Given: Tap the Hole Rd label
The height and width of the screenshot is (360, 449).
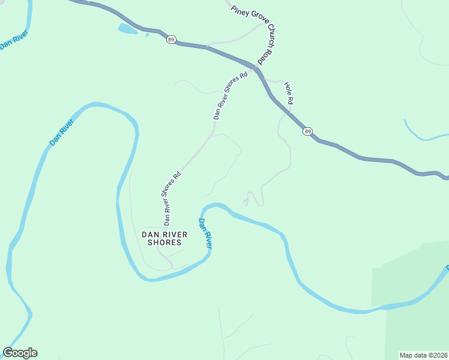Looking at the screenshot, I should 288,94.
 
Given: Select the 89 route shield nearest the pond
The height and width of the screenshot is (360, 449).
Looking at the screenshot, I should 172,40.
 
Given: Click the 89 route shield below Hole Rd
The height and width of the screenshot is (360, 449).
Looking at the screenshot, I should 308,131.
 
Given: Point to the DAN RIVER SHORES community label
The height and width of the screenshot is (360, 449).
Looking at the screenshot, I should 164,238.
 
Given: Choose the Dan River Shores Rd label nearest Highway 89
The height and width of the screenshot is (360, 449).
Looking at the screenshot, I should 231,96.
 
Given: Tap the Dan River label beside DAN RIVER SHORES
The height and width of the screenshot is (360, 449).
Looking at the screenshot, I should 206,233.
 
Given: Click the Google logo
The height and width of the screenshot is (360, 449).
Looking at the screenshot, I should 20,353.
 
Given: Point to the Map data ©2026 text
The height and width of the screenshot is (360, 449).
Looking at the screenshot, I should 423,355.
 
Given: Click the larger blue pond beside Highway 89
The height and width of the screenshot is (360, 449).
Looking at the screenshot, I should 127,28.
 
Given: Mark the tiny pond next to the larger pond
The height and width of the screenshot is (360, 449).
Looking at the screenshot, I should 147,35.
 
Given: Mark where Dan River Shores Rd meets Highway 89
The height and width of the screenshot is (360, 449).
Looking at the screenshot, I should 255,68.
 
